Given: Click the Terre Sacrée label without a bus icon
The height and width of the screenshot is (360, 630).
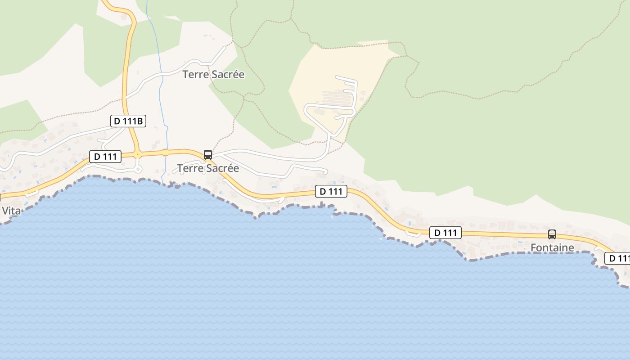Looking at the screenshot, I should point(213,74).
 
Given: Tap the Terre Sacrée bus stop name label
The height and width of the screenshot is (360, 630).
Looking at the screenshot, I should point(208,168).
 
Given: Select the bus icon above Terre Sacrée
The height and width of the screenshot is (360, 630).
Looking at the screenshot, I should point(208,155).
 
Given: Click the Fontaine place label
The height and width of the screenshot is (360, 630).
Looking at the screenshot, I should point(552,247).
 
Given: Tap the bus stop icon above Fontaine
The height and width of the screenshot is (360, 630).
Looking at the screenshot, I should point(552,234).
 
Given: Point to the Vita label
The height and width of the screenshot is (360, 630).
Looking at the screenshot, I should point(11,211).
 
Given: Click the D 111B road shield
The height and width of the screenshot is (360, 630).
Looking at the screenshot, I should point(128,121).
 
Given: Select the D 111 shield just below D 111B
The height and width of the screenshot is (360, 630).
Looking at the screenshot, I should point(105,157).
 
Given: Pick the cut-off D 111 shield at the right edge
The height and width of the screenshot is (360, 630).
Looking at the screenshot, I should point(617,258).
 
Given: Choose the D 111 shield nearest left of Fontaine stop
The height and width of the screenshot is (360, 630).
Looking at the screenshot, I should point(445,233).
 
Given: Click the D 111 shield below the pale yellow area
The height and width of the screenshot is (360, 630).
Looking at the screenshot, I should point(331,191).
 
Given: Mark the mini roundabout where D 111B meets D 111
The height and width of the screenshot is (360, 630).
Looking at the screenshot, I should point(137,154).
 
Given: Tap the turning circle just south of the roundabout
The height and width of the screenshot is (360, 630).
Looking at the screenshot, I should point(138,169).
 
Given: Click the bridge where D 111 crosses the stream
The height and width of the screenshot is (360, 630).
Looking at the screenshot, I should point(165,152).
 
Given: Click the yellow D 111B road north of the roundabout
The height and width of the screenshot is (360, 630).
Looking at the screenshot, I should point(126,81).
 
